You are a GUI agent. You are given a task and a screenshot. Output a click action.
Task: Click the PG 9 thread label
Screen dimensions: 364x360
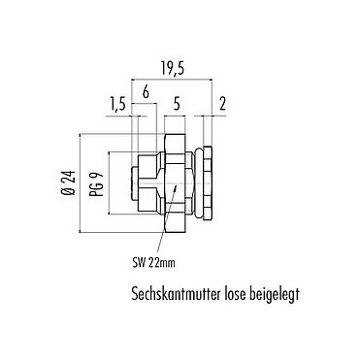(x=94, y=181)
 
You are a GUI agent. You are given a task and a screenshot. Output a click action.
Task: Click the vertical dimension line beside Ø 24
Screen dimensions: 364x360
(x=79, y=181)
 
